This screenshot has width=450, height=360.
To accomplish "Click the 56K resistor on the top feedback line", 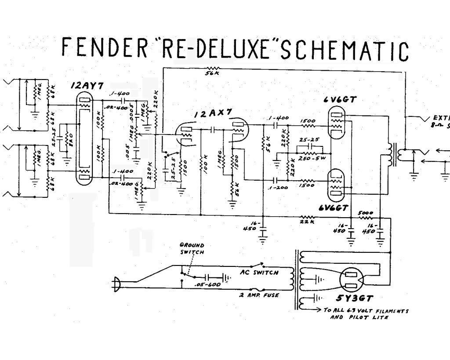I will coord(213,69).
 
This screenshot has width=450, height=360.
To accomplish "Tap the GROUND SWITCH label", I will coord(192,249).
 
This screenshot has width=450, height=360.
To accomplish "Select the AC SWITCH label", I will coord(259,273).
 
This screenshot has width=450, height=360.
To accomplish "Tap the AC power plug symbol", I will coord(117,284).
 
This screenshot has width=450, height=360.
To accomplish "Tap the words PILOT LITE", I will coord(359,317).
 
